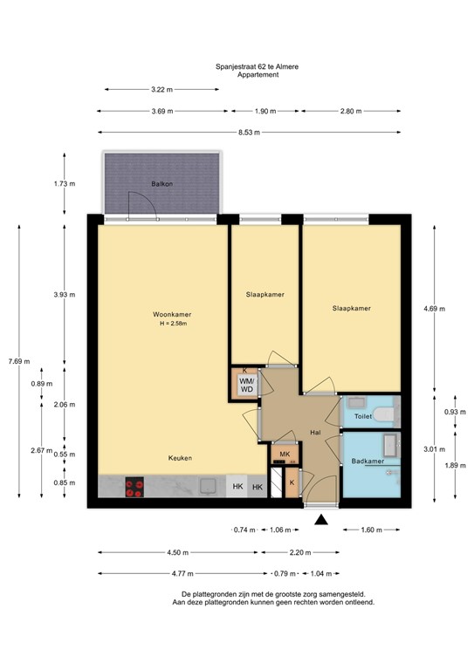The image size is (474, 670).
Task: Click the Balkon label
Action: pos(162,184)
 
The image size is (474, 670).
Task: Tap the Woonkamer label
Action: pos(172,314)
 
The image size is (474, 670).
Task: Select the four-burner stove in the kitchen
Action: pos(134,487)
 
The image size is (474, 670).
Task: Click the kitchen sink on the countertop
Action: pos(209,486)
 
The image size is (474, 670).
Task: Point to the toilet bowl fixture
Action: pos(383,414)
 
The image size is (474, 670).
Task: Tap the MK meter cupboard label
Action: pos(285,455)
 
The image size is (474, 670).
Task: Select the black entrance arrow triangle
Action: pos(321,520)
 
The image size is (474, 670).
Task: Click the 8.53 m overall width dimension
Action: pos(249,133)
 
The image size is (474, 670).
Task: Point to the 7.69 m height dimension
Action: pos(19,361)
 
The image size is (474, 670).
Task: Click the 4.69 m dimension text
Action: pos(434,309)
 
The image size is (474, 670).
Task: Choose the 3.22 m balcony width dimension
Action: pos(162,89)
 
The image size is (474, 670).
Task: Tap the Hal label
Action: pos(315,433)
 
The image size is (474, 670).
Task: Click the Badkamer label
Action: pos(368,461)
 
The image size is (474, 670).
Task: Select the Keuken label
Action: pos(180,458)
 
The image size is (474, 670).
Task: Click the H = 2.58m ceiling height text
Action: pos(173,324)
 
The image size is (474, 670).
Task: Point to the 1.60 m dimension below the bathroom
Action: pos(371,530)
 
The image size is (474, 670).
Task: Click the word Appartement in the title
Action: pos(258,75)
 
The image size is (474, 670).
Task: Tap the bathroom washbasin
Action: pos(390,445)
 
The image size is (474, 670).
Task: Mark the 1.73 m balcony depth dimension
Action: pos(65,184)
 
